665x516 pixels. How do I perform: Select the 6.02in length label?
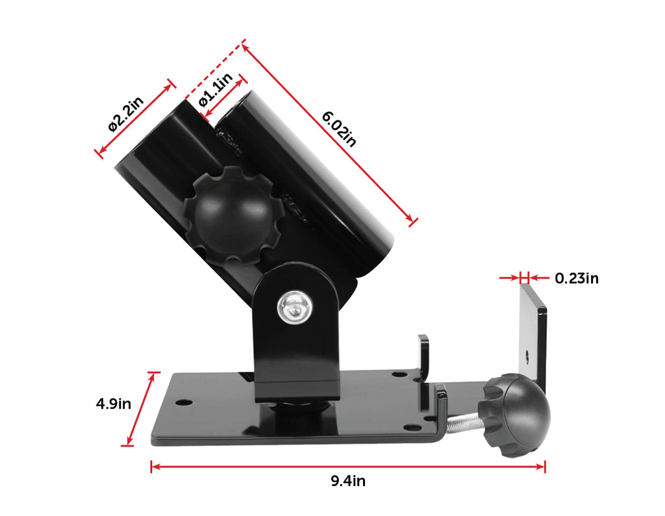[x=340, y=128]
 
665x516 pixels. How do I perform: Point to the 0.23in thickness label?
[x=576, y=279]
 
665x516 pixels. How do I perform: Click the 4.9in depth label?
[x=114, y=404]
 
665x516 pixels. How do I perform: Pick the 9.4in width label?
[x=347, y=481]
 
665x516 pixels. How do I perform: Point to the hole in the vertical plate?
[x=527, y=356]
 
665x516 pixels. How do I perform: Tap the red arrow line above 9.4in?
[x=347, y=466]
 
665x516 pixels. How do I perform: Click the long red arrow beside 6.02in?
[x=328, y=134]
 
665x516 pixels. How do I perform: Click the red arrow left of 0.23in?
[x=510, y=278]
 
